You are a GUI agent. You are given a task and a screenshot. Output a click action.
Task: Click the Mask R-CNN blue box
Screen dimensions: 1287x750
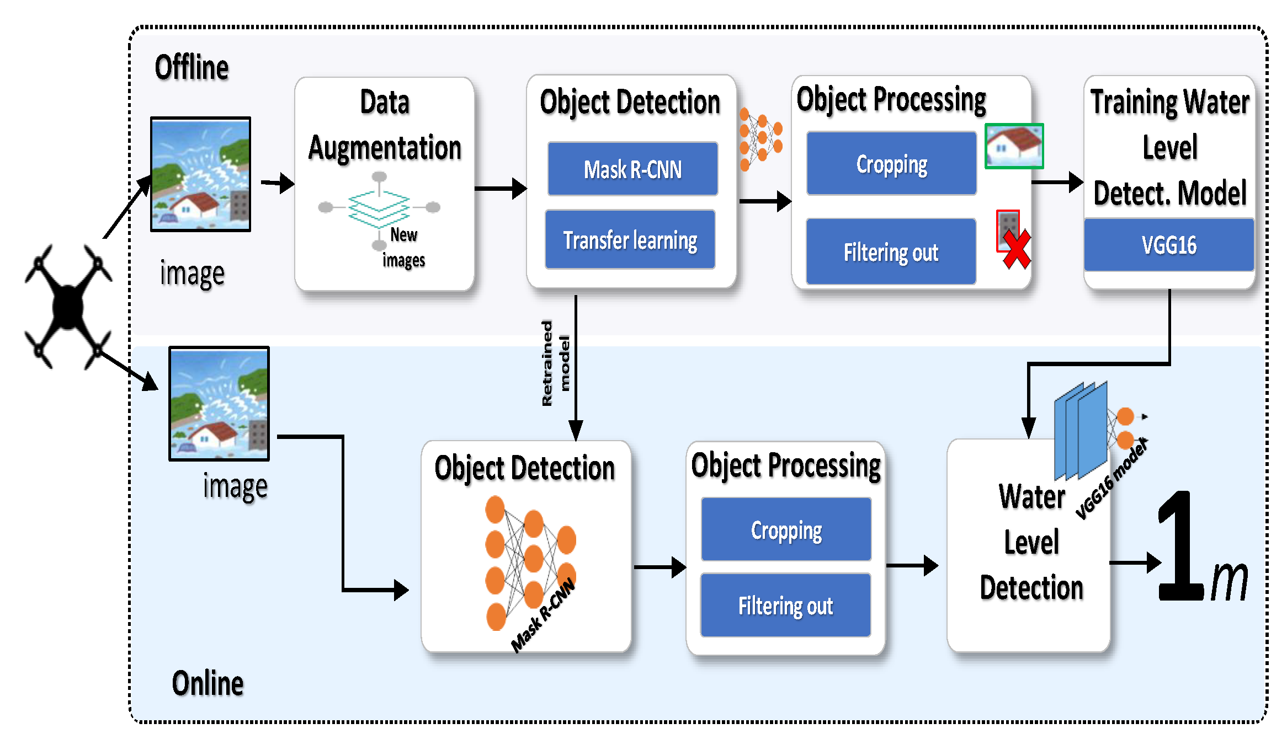(632, 169)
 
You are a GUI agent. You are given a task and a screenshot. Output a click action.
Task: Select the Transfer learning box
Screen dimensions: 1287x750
(630, 239)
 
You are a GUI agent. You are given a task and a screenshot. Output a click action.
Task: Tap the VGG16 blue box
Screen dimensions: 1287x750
(1169, 245)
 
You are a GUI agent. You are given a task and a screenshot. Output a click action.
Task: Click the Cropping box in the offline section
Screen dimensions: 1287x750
(891, 163)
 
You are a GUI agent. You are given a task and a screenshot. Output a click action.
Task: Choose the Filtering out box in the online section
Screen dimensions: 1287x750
(786, 606)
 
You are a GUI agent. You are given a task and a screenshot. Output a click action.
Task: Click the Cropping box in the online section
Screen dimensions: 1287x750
(786, 529)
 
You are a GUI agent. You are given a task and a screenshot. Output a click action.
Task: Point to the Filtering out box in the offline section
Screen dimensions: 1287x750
(891, 251)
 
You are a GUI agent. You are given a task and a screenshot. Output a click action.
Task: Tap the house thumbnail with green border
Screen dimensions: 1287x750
(1014, 146)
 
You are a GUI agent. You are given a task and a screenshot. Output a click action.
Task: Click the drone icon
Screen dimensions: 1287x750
(68, 307)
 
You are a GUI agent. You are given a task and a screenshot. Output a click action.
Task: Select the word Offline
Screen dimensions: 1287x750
(192, 68)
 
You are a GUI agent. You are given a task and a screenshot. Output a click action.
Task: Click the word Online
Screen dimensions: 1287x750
(208, 684)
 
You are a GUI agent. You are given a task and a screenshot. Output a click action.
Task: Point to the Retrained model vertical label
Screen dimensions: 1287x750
(555, 363)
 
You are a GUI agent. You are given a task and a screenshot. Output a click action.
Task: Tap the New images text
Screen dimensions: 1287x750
(404, 247)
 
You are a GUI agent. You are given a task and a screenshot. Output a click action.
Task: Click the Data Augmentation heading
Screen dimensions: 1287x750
(385, 125)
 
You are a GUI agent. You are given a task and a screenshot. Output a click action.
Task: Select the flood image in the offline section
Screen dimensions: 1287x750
(201, 174)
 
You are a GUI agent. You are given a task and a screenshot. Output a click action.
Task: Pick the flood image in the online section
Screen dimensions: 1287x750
(219, 404)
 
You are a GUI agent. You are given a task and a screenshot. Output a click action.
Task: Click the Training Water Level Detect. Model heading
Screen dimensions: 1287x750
(1170, 148)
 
